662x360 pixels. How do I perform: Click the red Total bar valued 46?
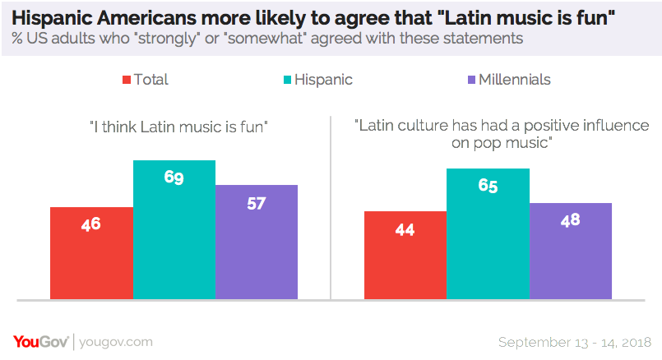pyautogui.click(x=91, y=252)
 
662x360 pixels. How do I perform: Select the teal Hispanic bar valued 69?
pyautogui.click(x=174, y=229)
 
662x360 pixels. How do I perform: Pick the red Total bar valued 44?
pyautogui.click(x=405, y=255)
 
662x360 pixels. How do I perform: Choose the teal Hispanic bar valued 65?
pyautogui.click(x=488, y=233)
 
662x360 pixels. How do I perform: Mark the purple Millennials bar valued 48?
pyautogui.click(x=570, y=251)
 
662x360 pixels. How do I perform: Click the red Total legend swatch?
pyautogui.click(x=127, y=80)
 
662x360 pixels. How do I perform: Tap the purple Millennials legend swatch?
pyautogui.click(x=471, y=80)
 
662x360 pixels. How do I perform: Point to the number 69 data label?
pyautogui.click(x=174, y=177)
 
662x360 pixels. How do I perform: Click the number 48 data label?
pyautogui.click(x=570, y=220)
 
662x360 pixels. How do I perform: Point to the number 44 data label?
pyautogui.click(x=405, y=230)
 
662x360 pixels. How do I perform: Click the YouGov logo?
pyautogui.click(x=41, y=341)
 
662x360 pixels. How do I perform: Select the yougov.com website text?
pyautogui.click(x=117, y=341)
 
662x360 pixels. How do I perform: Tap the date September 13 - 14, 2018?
pyautogui.click(x=575, y=341)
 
